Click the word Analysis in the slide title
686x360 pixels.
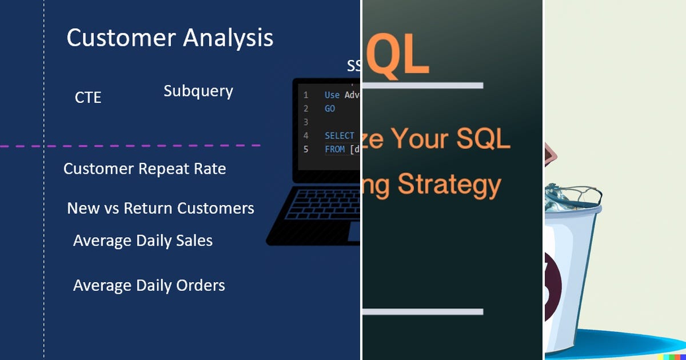[x=228, y=38]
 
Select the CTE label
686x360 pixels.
[x=88, y=98]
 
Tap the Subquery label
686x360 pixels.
[x=198, y=91]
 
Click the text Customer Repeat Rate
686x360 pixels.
[x=145, y=169]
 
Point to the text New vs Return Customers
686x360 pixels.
[x=161, y=208]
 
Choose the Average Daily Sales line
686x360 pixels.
[x=143, y=241]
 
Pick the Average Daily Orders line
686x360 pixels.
[x=149, y=285]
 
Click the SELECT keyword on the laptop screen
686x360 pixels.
[x=340, y=136]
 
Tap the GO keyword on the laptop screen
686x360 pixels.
[x=330, y=109]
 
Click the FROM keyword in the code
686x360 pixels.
[x=334, y=149]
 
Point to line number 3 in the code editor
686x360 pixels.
[x=306, y=122]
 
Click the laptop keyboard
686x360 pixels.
[x=314, y=214]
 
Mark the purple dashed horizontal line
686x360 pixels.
[x=131, y=146]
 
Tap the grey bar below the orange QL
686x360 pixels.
[x=423, y=86]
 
